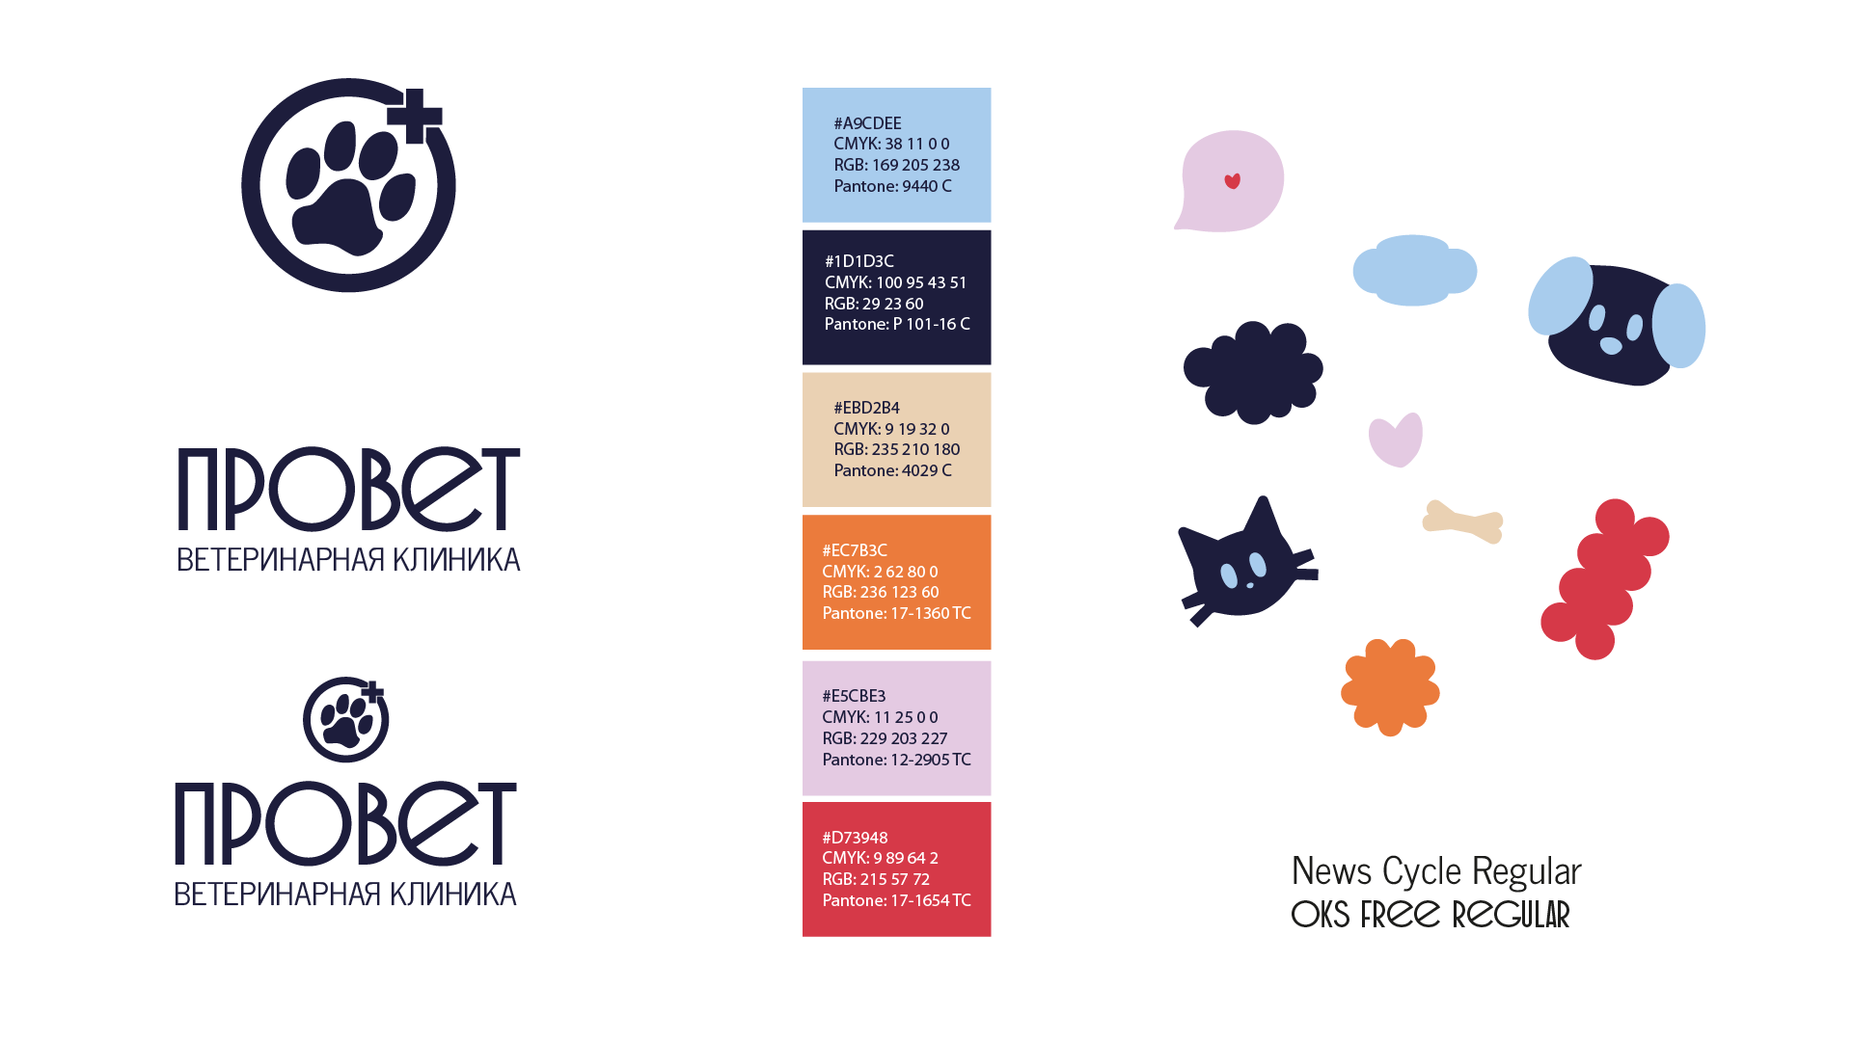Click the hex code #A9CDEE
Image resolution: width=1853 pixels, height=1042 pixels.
point(867,123)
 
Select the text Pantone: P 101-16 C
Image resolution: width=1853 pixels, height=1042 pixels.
point(897,324)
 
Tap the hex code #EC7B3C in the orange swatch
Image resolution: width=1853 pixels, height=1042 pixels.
point(854,550)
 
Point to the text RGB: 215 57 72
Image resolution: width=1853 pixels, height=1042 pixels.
point(875,879)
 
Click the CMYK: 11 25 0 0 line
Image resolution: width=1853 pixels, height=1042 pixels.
point(879,717)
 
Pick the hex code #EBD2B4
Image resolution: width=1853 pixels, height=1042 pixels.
point(866,408)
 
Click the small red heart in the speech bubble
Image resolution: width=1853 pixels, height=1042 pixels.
point(1232,181)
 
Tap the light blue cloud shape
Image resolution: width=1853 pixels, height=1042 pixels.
point(1414,270)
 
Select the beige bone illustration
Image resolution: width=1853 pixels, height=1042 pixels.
point(1462,521)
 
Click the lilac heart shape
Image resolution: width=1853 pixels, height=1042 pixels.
point(1396,440)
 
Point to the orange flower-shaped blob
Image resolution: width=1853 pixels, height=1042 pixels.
point(1390,687)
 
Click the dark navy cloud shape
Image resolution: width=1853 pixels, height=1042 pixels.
point(1253,372)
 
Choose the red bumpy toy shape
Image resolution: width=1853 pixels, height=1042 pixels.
point(1605,579)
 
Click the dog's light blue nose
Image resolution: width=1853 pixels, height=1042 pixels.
point(1611,346)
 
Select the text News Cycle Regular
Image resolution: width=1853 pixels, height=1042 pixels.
point(1436,871)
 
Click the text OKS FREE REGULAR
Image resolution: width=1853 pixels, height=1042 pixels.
point(1431,915)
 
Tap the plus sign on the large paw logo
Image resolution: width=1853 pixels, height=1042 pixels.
point(415,117)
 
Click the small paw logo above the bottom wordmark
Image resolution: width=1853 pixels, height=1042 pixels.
point(345,720)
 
